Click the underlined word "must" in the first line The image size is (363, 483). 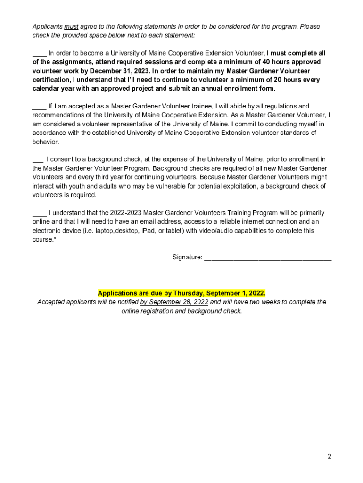[x=71, y=27]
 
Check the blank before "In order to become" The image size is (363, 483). [x=39, y=54]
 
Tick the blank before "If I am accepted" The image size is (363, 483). [x=39, y=107]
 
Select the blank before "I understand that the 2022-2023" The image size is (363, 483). [x=39, y=213]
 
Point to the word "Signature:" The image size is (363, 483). [x=188, y=258]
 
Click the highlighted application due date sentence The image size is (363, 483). [x=181, y=293]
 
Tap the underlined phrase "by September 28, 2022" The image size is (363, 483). [x=174, y=302]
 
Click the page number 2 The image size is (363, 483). [x=330, y=456]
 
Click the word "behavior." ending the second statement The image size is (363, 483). [x=46, y=142]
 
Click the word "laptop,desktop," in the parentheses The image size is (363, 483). [x=117, y=231]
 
